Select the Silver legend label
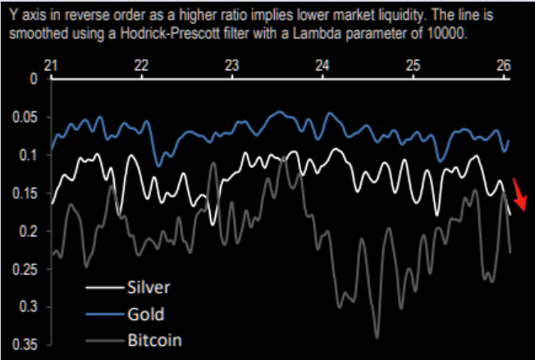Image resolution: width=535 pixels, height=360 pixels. [x=149, y=287]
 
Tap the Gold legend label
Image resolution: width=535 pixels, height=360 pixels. [x=145, y=313]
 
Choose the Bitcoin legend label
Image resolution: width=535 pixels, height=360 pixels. [x=154, y=339]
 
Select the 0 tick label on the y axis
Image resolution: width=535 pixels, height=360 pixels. [x=33, y=80]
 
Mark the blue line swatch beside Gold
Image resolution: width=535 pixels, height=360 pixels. [x=103, y=314]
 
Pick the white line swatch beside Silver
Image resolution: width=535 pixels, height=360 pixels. [x=103, y=288]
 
